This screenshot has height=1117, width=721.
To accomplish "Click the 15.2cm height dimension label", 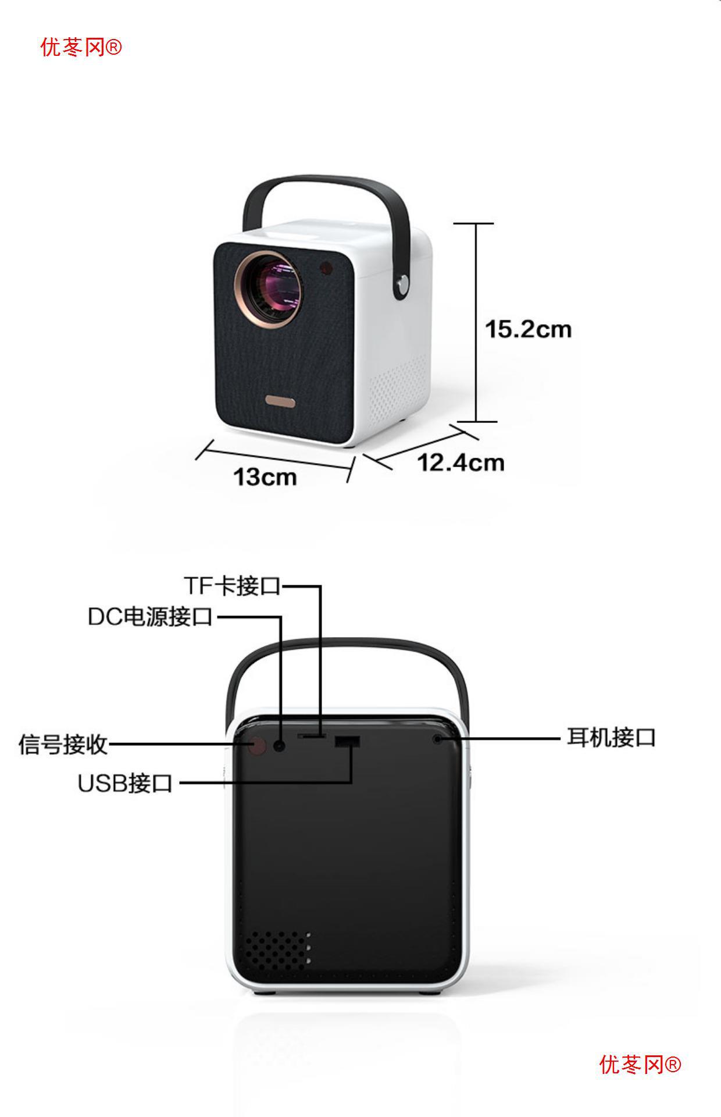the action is click(x=528, y=329).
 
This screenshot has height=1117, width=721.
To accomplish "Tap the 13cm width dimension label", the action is click(x=265, y=477).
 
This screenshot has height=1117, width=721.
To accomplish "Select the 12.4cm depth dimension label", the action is click(x=461, y=463).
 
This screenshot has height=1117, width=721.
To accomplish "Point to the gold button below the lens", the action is click(x=281, y=402).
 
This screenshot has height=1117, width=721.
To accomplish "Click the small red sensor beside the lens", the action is click(x=326, y=268).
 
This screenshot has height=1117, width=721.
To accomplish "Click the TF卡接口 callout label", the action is click(x=232, y=586).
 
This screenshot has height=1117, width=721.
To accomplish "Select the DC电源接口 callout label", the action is click(x=150, y=617).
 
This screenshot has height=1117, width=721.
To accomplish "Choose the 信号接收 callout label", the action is click(x=63, y=744).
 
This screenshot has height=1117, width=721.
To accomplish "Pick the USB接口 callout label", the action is click(x=125, y=783).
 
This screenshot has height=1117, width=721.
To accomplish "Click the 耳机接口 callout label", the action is click(x=611, y=738).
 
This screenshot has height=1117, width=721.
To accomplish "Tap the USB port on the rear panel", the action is click(x=347, y=742).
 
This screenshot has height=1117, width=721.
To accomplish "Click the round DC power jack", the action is click(x=280, y=745).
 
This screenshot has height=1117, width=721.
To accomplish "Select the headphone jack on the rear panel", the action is click(x=437, y=739).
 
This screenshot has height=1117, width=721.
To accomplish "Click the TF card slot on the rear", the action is click(x=312, y=736).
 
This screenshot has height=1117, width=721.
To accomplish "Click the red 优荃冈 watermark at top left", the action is click(x=81, y=47).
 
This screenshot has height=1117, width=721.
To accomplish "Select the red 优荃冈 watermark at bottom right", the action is click(x=640, y=1065).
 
